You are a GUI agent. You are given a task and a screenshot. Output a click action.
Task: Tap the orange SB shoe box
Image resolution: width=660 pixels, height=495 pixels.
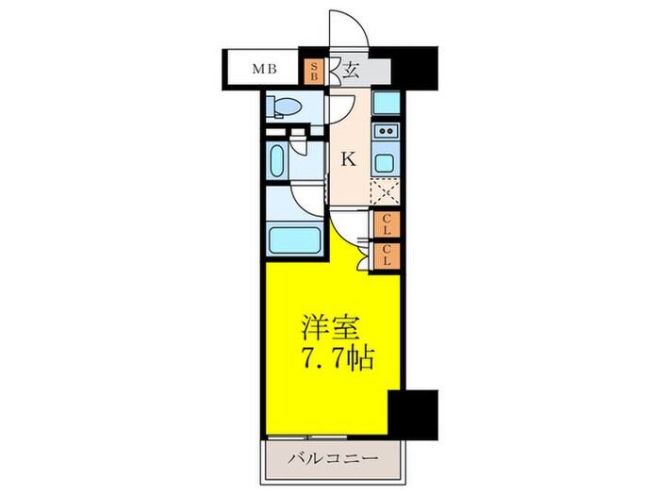[x=315, y=70]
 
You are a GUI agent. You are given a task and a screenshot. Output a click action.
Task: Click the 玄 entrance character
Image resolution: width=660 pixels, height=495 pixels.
[x=350, y=69]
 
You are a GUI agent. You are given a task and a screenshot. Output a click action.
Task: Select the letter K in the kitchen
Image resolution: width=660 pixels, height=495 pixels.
[x=348, y=159]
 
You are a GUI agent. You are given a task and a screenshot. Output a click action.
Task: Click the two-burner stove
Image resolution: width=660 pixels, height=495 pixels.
[x=385, y=132]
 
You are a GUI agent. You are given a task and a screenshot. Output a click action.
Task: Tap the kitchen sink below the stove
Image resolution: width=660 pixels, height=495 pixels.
[x=385, y=161]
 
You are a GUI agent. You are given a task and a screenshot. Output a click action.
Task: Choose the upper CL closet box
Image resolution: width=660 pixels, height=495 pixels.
[x=387, y=224]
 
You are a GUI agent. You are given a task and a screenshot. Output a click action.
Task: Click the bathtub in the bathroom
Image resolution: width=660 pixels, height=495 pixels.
[x=296, y=239]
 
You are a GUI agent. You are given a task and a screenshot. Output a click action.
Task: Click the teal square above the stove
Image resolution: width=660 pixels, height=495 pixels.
[x=385, y=103]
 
